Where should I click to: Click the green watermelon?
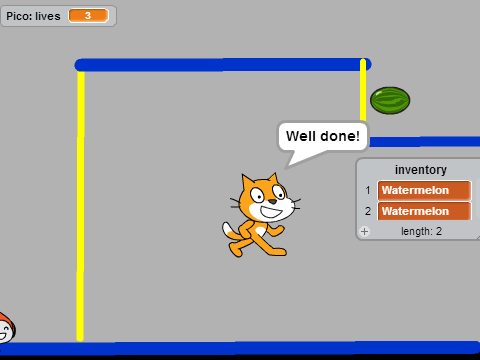pos(390,100)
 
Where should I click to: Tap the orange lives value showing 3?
pos(88,16)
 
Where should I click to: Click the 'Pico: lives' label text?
pos(33,16)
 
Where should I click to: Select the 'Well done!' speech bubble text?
pos(323,136)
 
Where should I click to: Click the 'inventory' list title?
pos(421,170)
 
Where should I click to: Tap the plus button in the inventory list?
pos(365,231)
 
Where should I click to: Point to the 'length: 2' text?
pos(421,231)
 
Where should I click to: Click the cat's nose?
pos(273,201)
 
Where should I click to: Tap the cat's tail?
pos(231,232)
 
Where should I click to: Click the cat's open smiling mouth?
pos(272,211)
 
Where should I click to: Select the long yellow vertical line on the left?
pos(80,206)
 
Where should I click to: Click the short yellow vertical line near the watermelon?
pos(363,90)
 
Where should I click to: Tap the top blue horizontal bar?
pos(223,65)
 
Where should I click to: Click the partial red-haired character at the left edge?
pos(7,328)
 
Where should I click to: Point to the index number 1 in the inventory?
pos(368,190)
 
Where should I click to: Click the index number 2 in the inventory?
pos(368,211)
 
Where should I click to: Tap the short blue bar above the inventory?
pos(424,142)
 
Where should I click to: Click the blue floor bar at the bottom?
pos(240,348)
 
